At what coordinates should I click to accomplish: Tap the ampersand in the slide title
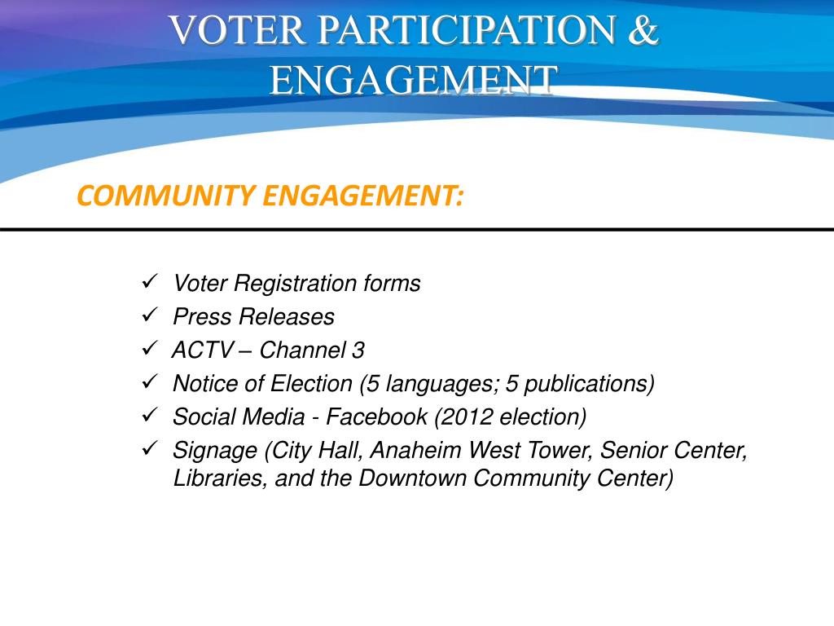pyautogui.click(x=644, y=30)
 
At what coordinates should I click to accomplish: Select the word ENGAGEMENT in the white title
pyautogui.click(x=414, y=79)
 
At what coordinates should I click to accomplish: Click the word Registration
pyautogui.click(x=296, y=284)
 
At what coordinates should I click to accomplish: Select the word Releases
pyautogui.click(x=290, y=317)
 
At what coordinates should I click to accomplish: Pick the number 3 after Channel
pyautogui.click(x=358, y=350)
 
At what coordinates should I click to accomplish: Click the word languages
pyautogui.click(x=442, y=384)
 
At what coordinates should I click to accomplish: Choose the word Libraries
pyautogui.click(x=218, y=478)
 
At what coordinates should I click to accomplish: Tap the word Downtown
pyautogui.click(x=413, y=478)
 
